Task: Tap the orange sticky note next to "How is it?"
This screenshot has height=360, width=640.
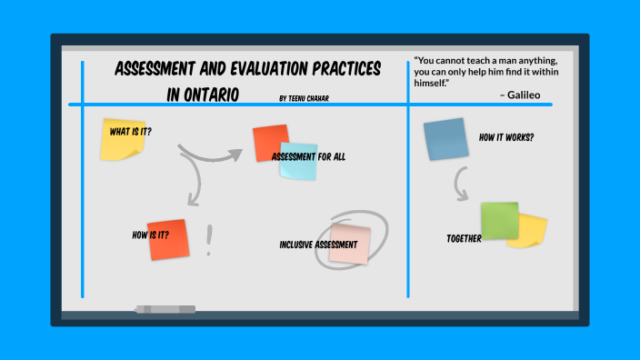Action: coord(168,239)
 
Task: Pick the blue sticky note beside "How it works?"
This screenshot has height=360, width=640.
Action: coord(445,140)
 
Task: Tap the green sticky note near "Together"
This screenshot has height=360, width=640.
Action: coord(499,221)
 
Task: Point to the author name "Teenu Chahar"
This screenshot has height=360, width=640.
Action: coord(310,95)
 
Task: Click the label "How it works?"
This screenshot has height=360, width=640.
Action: coord(506,137)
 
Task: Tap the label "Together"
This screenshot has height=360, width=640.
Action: coord(464,239)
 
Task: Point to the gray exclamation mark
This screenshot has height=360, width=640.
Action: coord(210,240)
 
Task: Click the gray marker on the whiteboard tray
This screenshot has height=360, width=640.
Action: coord(165,309)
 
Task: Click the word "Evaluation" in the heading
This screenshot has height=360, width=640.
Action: coord(280,71)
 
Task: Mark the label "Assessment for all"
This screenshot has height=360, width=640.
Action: coord(308,156)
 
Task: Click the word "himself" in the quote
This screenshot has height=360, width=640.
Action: coord(433,84)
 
